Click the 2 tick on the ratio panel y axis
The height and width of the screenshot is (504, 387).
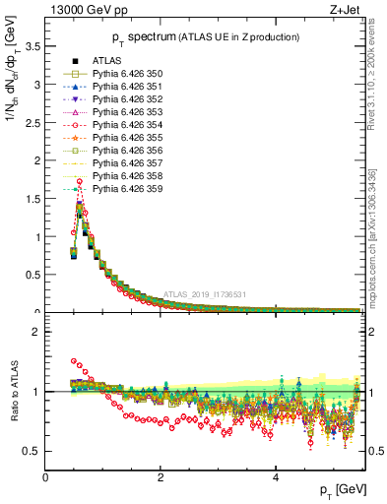[37, 332]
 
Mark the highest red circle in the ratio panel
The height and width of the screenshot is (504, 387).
[74, 361]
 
